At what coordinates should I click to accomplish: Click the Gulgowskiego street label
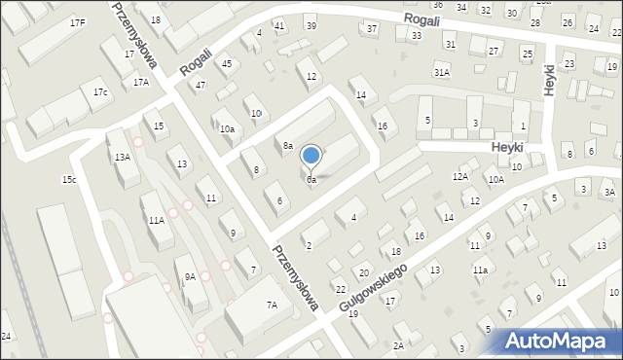click(x=374, y=286)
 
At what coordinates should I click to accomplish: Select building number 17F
click(x=77, y=22)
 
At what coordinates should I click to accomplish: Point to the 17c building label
click(x=100, y=92)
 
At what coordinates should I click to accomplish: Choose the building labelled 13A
click(x=122, y=157)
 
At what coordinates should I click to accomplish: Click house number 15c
click(x=69, y=180)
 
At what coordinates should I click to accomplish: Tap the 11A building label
click(x=156, y=221)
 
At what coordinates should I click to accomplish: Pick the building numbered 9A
click(x=190, y=277)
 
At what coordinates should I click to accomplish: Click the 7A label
click(x=273, y=306)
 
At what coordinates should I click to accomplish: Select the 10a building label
click(x=227, y=128)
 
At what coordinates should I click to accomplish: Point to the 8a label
click(x=288, y=146)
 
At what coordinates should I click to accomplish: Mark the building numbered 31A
click(x=442, y=72)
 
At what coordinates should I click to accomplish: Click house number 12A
click(x=460, y=177)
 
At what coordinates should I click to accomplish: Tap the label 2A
click(x=398, y=345)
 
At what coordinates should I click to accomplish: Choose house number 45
click(x=227, y=63)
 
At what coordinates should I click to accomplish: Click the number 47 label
click(x=201, y=86)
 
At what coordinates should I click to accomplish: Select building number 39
click(x=311, y=25)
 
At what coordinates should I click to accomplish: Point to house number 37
click(x=372, y=29)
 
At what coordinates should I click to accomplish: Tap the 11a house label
click(x=480, y=270)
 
